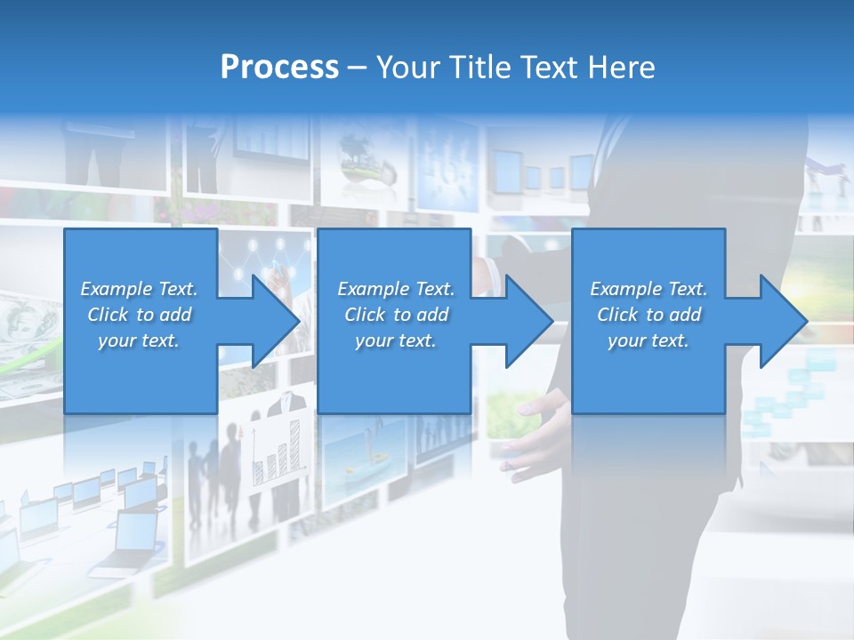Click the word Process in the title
(279, 68)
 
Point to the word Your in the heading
(407, 68)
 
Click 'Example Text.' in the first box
(139, 289)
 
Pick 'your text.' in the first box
(139, 341)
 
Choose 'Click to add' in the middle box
(396, 315)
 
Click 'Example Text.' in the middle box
(396, 289)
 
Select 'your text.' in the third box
(649, 341)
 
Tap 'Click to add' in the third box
(649, 315)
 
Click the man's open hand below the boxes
(534, 427)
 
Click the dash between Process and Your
(358, 68)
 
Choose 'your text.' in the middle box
(396, 341)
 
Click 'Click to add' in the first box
(139, 315)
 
